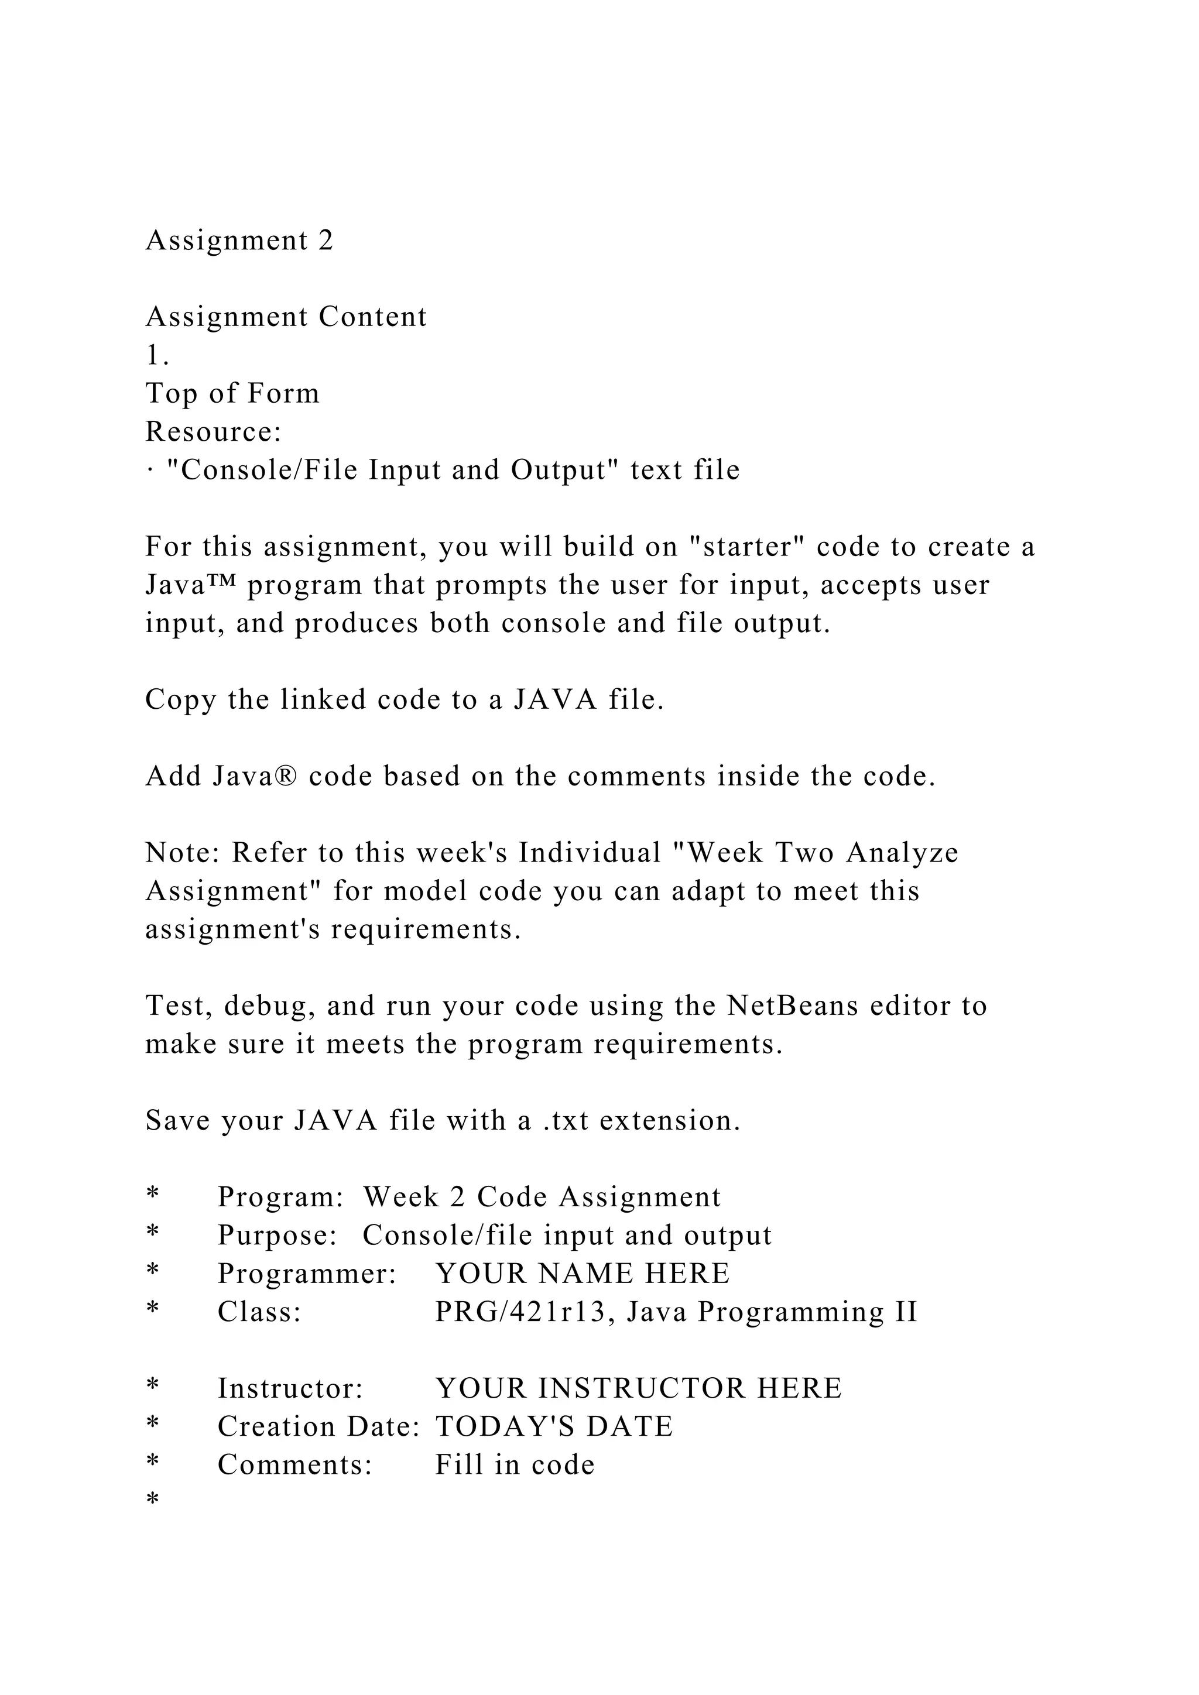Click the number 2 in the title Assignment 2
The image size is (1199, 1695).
[x=326, y=241]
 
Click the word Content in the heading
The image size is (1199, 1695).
[x=373, y=317]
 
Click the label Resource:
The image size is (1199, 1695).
[x=213, y=432]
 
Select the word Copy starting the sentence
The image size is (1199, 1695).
[x=181, y=700]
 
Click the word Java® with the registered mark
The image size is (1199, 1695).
[x=255, y=777]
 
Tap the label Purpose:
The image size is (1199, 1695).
[x=278, y=1236]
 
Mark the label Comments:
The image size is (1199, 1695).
[x=295, y=1466]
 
